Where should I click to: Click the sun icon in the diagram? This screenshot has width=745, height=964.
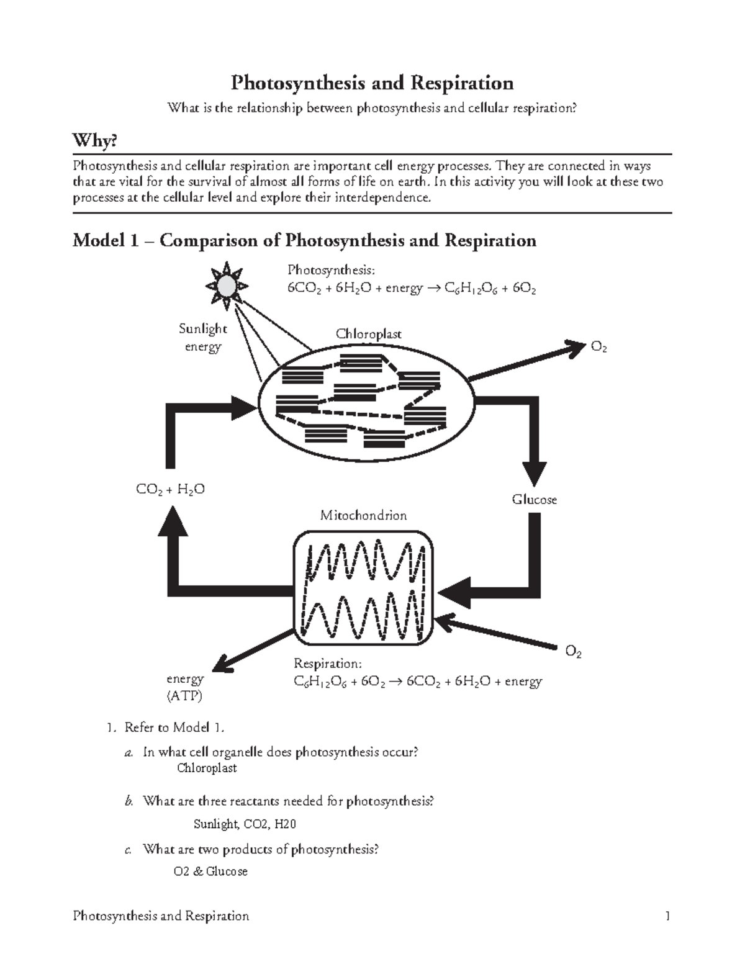click(227, 286)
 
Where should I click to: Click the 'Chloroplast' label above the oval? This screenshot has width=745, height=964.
click(368, 334)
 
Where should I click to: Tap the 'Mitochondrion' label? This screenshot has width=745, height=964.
click(363, 515)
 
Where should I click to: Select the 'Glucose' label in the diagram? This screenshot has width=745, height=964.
click(534, 500)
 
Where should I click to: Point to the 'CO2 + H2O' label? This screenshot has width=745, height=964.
click(170, 490)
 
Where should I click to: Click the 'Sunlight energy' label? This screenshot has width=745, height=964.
click(203, 337)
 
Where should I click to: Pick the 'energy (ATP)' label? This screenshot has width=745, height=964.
click(184, 687)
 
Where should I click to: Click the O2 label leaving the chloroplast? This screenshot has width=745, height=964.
click(598, 348)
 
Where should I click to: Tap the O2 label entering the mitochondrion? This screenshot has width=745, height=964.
click(573, 652)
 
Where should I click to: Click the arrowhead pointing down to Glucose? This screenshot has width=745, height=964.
click(534, 474)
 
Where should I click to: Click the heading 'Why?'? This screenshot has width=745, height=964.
click(95, 142)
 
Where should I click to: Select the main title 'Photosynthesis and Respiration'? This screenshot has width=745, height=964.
click(372, 83)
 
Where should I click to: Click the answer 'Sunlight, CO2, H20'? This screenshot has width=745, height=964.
click(245, 824)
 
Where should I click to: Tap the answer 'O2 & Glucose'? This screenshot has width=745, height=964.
click(210, 872)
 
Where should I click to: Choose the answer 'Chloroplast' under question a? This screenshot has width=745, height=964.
click(207, 768)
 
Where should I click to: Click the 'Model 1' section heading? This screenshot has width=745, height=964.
click(304, 240)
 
